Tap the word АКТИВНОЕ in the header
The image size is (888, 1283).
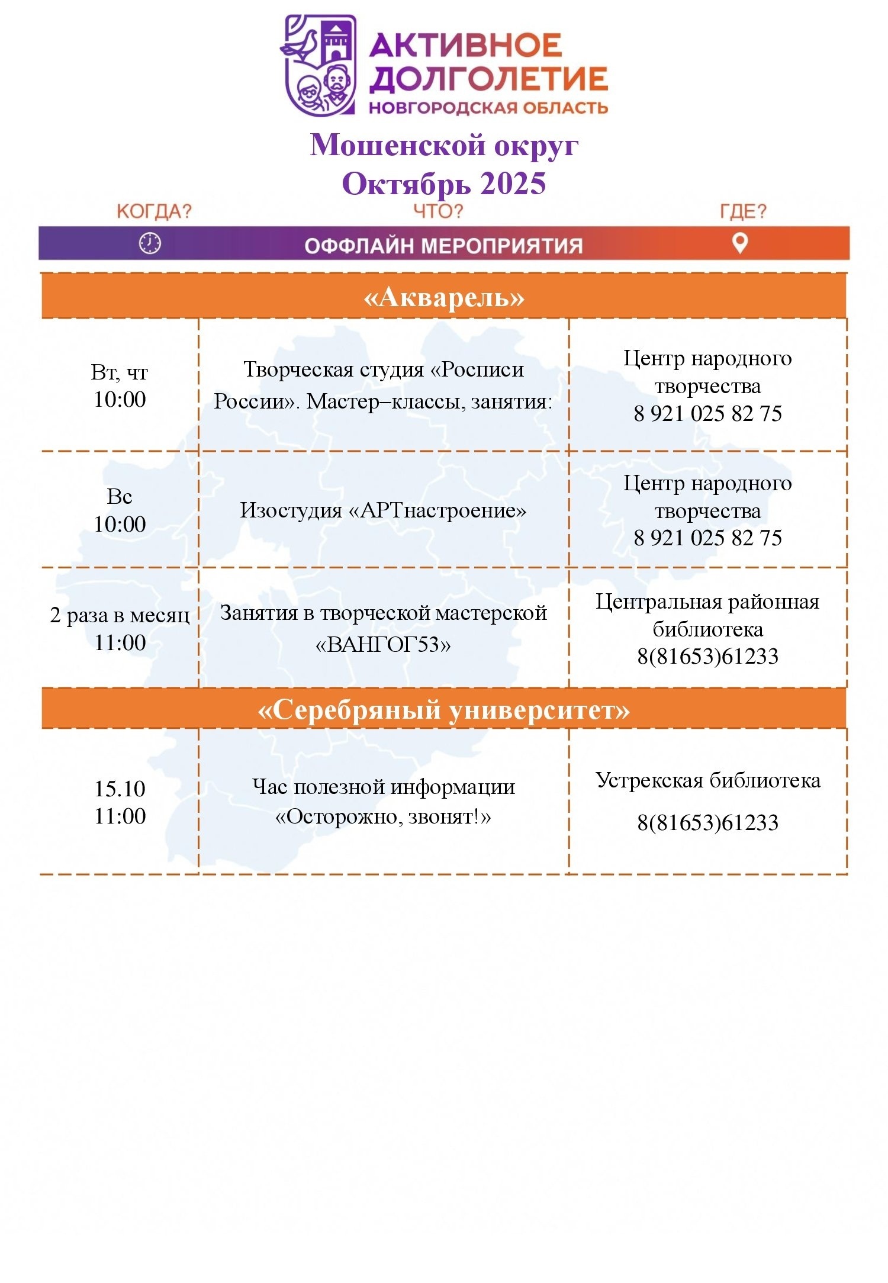pyautogui.click(x=465, y=45)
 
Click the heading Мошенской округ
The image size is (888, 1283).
pyautogui.click(x=444, y=145)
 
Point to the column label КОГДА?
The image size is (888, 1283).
pyautogui.click(x=155, y=211)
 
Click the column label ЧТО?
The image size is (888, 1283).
pyautogui.click(x=438, y=211)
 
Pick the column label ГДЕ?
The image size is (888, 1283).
pyautogui.click(x=743, y=211)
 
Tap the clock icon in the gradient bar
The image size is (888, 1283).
pyautogui.click(x=150, y=243)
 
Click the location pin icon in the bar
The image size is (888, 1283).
pyautogui.click(x=740, y=243)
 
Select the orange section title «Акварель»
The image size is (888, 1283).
pyautogui.click(x=444, y=297)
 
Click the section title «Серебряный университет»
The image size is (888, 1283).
pyautogui.click(x=444, y=709)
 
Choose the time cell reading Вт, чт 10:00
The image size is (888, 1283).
pyautogui.click(x=120, y=386)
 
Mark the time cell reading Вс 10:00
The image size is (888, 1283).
pyautogui.click(x=120, y=510)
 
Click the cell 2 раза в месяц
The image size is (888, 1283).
pyautogui.click(x=120, y=616)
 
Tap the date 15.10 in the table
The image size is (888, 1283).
pyautogui.click(x=120, y=789)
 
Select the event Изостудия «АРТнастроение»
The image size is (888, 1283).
pyautogui.click(x=383, y=510)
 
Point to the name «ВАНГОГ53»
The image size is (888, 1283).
pyautogui.click(x=383, y=644)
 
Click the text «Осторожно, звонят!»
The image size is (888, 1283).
pyautogui.click(x=383, y=817)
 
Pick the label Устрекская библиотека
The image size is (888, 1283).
pyautogui.click(x=708, y=780)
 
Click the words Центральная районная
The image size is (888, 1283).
pyautogui.click(x=708, y=602)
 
